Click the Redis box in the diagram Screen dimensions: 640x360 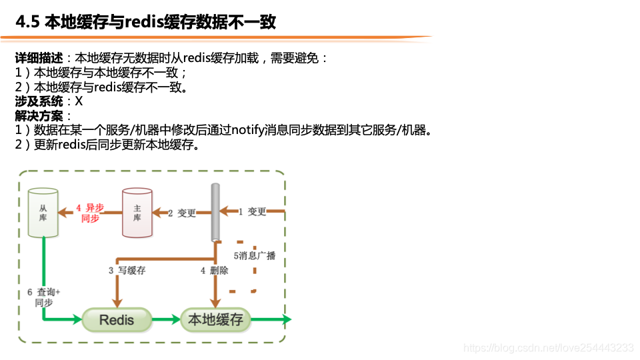click(117, 320)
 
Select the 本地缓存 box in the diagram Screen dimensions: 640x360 click(215, 319)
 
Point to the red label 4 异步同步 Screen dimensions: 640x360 click(90, 213)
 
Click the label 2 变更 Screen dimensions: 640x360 click(181, 213)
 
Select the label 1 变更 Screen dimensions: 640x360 click(253, 212)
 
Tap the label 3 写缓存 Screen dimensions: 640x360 click(127, 271)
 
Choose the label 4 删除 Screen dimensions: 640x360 click(214, 271)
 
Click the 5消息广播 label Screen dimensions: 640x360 click(254, 255)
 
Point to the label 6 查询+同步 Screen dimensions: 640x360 click(43, 297)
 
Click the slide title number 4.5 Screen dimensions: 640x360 click(27, 22)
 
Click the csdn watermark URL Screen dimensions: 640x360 click(548, 347)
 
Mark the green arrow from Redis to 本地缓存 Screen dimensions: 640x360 click(166, 320)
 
